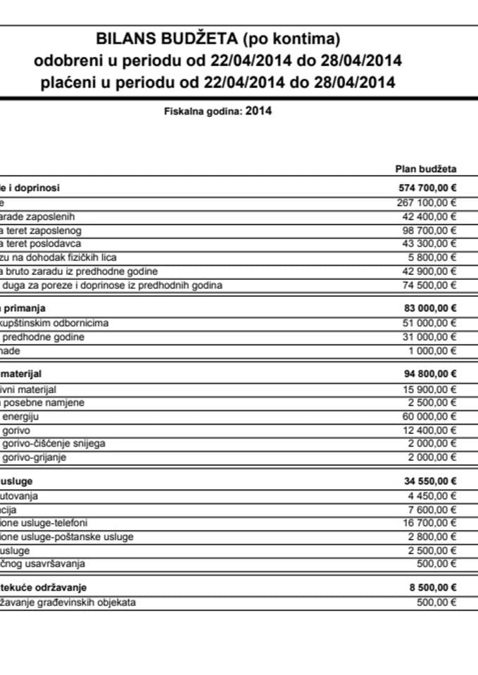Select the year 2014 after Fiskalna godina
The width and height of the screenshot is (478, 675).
[x=258, y=110]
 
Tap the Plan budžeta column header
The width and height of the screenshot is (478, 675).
[x=427, y=169]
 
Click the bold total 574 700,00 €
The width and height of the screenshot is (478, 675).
[x=423, y=188]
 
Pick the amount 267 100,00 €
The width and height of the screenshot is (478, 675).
[x=423, y=202]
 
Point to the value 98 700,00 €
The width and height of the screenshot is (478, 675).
[x=425, y=230]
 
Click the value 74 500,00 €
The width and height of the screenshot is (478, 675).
[x=425, y=285]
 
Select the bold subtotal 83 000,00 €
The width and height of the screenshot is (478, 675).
[x=425, y=308]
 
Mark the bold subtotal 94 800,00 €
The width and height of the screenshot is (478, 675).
[x=425, y=374]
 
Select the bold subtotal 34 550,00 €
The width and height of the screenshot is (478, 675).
[x=425, y=481]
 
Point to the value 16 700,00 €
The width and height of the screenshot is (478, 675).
[x=425, y=523]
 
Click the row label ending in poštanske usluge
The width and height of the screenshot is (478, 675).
[x=67, y=537]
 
